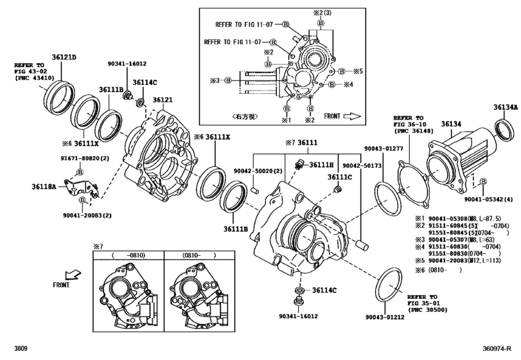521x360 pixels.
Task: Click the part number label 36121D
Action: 64,58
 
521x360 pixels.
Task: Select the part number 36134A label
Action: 506,107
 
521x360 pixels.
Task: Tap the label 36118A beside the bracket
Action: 44,187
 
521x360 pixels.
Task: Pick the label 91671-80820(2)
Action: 80,158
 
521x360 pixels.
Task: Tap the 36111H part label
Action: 321,165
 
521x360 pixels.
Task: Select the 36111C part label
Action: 340,177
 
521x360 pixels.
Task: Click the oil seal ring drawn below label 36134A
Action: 504,130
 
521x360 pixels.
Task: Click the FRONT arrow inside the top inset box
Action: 353,116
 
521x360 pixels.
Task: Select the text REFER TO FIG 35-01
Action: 427,303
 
